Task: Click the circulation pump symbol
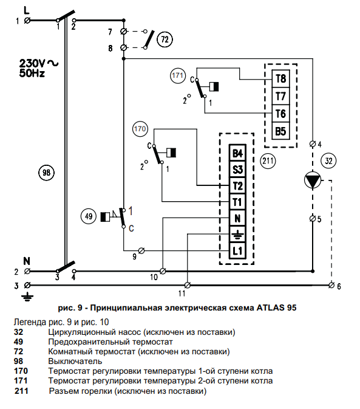[313, 180]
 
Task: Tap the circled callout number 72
[165, 40]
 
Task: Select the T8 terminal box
[280, 78]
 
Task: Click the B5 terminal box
[280, 131]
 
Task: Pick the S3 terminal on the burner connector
[237, 170]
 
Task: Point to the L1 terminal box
[237, 250]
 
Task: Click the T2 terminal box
[237, 186]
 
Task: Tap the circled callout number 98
[46, 173]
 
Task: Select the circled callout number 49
[89, 216]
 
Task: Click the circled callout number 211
[268, 160]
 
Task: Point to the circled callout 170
[140, 129]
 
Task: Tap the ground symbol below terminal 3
[27, 297]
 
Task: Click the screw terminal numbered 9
[141, 251]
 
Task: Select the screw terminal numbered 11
[187, 285]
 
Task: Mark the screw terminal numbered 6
[331, 285]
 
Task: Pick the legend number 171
[21, 381]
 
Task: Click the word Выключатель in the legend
[75, 361]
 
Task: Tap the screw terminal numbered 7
[124, 32]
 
